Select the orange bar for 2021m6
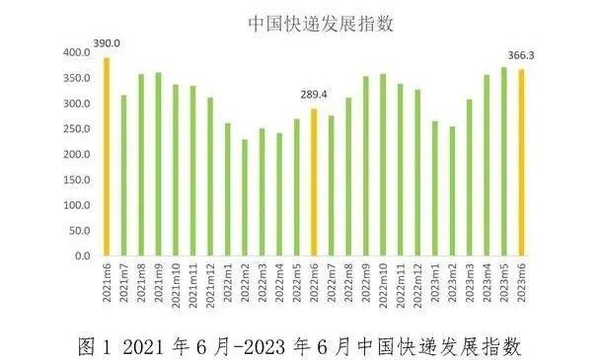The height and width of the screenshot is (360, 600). [106, 158]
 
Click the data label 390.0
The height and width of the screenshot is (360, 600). [106, 43]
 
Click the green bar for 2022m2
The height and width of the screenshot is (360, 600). [244, 197]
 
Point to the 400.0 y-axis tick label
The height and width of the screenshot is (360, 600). [75, 52]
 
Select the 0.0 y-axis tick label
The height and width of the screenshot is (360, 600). [80, 256]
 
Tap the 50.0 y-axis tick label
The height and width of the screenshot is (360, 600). [77, 231]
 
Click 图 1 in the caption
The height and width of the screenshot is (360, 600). [98, 345]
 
